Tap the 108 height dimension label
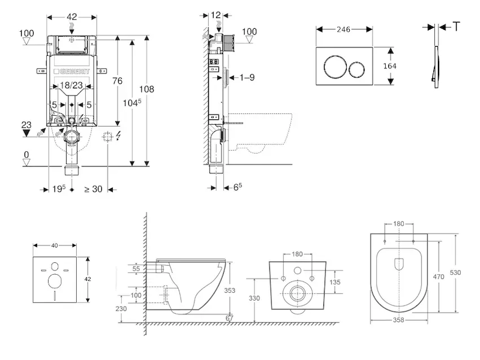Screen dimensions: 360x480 tap(147, 89)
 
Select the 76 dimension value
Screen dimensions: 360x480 tap(118, 82)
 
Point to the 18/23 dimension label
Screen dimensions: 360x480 tap(71, 86)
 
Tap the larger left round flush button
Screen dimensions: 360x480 tap(334, 66)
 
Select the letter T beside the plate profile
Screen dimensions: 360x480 tap(457, 27)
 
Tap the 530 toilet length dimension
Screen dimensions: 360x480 tap(455, 272)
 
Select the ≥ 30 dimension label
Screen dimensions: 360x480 tap(93, 190)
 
